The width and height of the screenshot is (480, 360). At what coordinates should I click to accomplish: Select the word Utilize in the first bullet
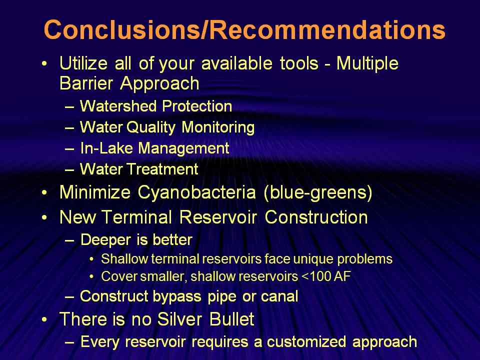[x=83, y=63]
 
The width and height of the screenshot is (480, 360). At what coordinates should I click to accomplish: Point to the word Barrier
[x=86, y=83]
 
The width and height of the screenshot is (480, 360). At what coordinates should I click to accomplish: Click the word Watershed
[x=118, y=106]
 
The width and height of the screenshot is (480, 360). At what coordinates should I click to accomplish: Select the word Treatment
[x=162, y=169]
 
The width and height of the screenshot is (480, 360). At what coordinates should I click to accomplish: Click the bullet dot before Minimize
[x=44, y=193]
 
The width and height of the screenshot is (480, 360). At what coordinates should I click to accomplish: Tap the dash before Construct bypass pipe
[x=69, y=297]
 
